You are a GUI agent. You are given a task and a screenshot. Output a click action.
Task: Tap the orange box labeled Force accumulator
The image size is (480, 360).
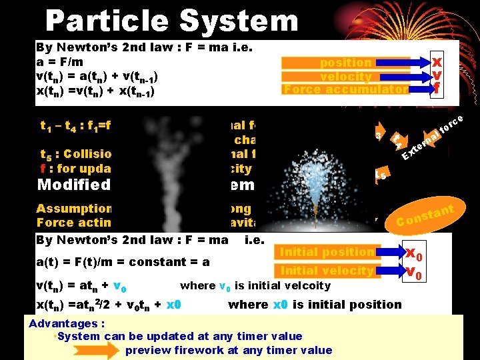pos(345,89)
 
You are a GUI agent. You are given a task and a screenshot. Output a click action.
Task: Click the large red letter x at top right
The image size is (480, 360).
pos(437,60)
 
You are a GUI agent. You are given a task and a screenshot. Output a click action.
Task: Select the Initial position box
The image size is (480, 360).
pos(327,252)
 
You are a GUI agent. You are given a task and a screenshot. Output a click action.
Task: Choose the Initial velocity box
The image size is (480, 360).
pos(327,270)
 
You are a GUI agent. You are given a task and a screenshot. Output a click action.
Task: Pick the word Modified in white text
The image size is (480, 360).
pos(73,185)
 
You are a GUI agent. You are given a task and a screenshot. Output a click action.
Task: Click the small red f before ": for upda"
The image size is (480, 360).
pos(43,169)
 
